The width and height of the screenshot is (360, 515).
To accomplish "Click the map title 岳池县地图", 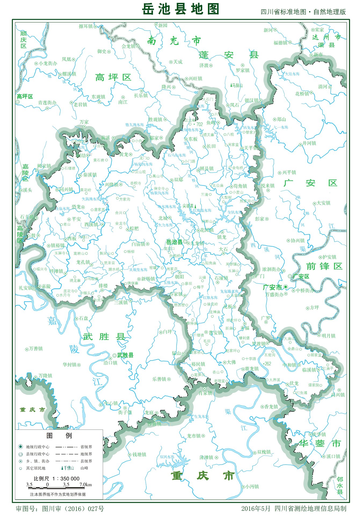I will point(180,9).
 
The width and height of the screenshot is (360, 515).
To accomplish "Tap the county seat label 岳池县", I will point(174,242).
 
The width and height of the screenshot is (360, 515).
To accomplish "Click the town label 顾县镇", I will point(206,168).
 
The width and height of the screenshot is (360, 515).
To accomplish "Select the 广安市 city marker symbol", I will point(286,287).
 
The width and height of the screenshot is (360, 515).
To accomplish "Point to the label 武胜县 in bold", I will point(125,355).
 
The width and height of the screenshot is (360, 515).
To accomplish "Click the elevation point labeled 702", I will point(199,124).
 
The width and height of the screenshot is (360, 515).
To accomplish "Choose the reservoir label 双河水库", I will point(167,457).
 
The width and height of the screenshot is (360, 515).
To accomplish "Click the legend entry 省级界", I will point(86,447).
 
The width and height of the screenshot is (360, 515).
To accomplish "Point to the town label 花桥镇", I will point(302,94).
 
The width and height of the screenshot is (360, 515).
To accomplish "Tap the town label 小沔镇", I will point(252,487).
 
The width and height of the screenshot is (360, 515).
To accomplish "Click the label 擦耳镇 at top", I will point(86,26).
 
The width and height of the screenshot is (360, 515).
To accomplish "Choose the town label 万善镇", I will point(36,348).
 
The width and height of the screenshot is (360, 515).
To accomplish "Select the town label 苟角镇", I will point(240,186).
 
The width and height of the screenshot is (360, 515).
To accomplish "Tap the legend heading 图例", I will point(59,435).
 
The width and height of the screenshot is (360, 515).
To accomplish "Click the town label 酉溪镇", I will point(91,224).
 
